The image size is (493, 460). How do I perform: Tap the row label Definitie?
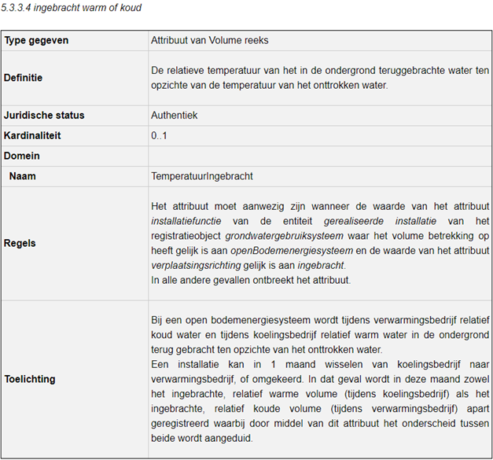[x=24, y=78]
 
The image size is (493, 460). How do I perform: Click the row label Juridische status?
[x=44, y=116]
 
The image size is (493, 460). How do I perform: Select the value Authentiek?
[x=174, y=116]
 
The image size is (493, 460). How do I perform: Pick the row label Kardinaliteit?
[x=32, y=136]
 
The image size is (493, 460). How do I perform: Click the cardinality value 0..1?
[x=159, y=136]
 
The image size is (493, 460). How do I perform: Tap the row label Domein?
[x=22, y=156]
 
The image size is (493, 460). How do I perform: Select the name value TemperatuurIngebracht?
[x=202, y=177]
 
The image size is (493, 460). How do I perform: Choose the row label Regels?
[x=20, y=243]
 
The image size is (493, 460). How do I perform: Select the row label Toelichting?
[x=29, y=379]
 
